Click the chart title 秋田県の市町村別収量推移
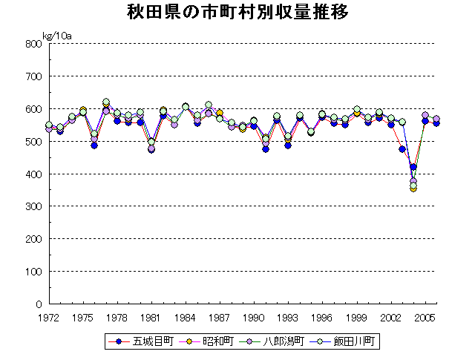coord(237,13)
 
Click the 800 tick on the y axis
coord(33,44)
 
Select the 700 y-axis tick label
coord(33,76)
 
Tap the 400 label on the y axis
coord(33,174)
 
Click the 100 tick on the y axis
coord(33,272)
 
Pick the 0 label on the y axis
coord(38,304)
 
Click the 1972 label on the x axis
coord(48,317)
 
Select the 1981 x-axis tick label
coord(151,317)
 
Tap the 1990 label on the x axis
coord(254,317)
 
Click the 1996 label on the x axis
coord(322,317)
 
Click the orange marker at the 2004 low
coord(413,188)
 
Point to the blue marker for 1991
coord(266,149)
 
